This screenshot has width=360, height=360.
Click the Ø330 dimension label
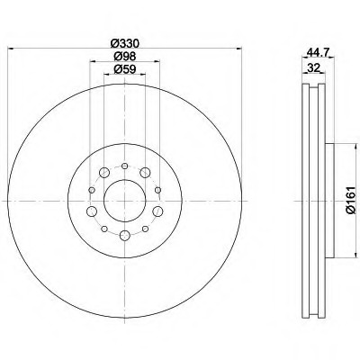click(125, 43)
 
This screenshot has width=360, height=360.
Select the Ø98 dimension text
click(125, 57)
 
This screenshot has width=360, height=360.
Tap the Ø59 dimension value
click(125, 69)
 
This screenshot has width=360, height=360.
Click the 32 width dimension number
click(313, 68)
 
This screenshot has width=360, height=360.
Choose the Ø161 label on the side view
click(350, 201)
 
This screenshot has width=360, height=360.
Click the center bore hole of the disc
click(125, 201)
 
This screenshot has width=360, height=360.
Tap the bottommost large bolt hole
click(125, 236)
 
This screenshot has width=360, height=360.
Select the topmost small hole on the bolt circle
click(125, 166)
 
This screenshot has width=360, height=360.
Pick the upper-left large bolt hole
click(104, 173)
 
